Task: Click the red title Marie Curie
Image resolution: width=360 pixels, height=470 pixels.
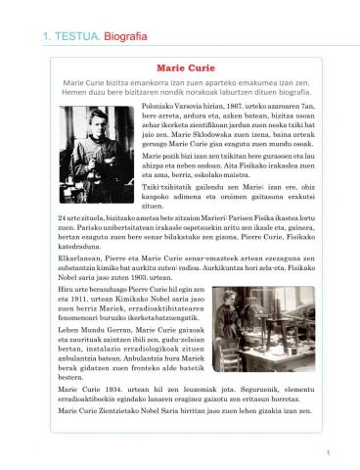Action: (x=180, y=69)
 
